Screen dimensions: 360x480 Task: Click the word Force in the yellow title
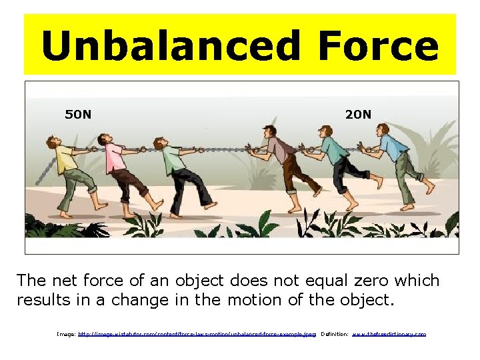coord(378,47)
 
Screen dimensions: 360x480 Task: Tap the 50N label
coord(78,114)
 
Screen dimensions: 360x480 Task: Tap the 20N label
coord(358,114)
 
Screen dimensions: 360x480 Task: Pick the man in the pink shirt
coord(120,170)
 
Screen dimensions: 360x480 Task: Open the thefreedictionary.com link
coord(389,333)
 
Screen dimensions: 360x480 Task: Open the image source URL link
coord(197,333)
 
